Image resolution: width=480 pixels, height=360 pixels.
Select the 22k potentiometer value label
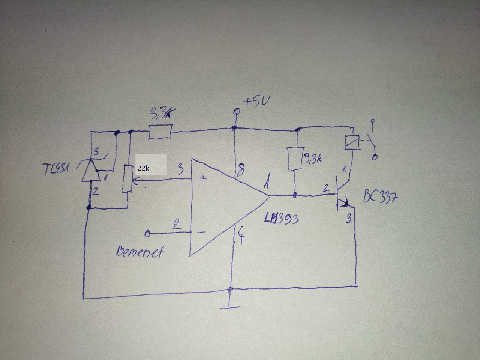coord(144,168)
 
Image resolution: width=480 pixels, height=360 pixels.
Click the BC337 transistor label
coord(380,198)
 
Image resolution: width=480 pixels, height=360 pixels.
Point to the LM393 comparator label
coord(281,219)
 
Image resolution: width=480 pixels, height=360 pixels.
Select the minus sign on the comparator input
coord(201,232)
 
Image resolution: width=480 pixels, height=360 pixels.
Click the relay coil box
coord(352,142)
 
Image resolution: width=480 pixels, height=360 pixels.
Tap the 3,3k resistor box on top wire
coord(160,132)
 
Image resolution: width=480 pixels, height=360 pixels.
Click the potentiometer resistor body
coord(127,179)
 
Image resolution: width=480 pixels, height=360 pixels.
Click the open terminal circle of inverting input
coord(147,234)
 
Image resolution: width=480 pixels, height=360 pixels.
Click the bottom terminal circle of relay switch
coord(374,158)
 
